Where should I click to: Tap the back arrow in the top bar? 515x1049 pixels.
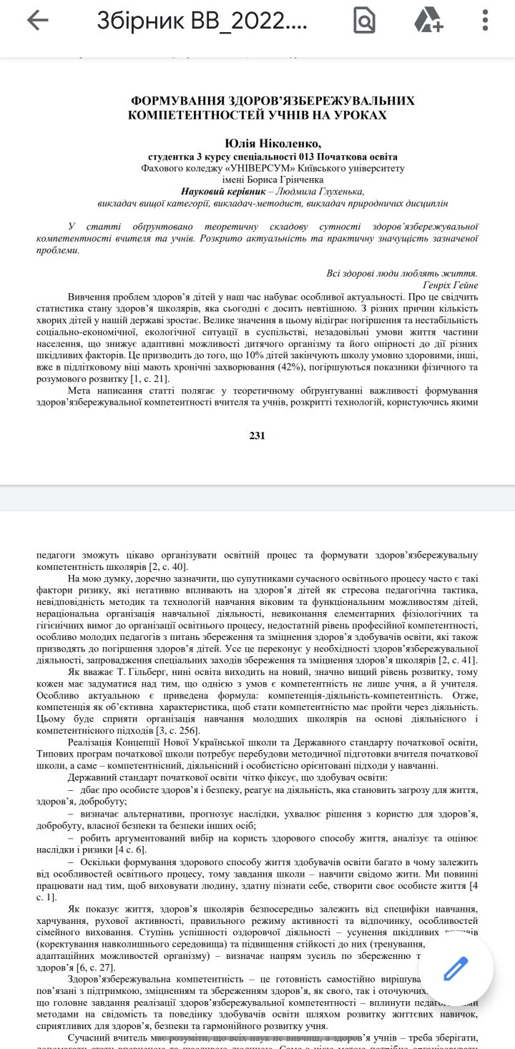coord(37,21)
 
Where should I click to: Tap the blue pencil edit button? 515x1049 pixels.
coord(456,969)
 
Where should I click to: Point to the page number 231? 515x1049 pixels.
coord(257,435)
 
